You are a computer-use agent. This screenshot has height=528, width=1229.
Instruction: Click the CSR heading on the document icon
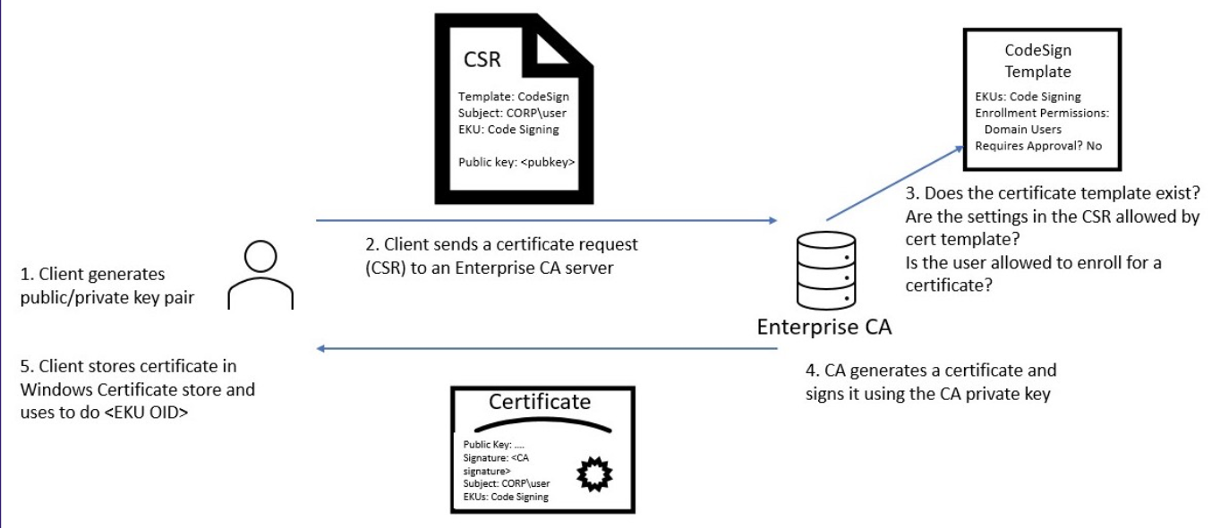coord(482,61)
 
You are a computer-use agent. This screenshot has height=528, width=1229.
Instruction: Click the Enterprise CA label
coord(824,328)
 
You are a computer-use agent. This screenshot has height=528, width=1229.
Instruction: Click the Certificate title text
coord(540,401)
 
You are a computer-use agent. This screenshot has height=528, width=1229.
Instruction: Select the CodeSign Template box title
coord(1037,61)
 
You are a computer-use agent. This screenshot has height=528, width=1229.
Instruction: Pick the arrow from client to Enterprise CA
coord(546,219)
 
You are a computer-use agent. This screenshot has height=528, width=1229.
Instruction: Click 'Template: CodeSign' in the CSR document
coord(513,97)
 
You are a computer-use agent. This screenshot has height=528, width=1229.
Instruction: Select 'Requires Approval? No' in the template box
coord(1038,146)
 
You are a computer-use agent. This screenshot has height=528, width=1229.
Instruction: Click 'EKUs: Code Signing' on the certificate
coord(506,497)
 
